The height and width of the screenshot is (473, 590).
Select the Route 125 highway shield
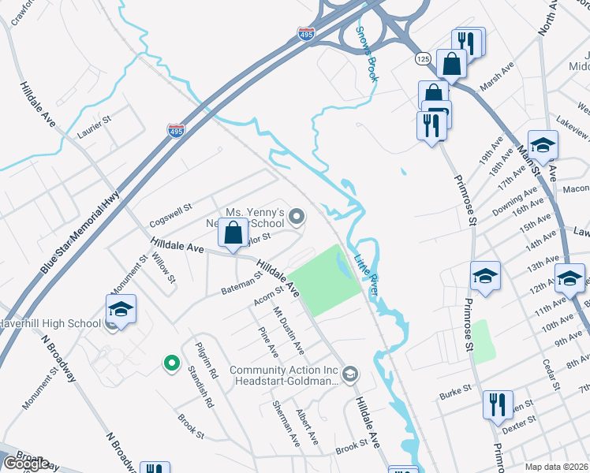tap(424, 59)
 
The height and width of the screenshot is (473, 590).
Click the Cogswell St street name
tap(170, 210)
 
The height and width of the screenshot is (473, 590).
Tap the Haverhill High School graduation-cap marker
tap(121, 311)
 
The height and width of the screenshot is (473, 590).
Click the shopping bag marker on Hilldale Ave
tap(233, 233)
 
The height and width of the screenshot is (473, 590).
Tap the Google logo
tap(27, 464)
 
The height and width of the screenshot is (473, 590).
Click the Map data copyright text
tap(557, 467)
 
